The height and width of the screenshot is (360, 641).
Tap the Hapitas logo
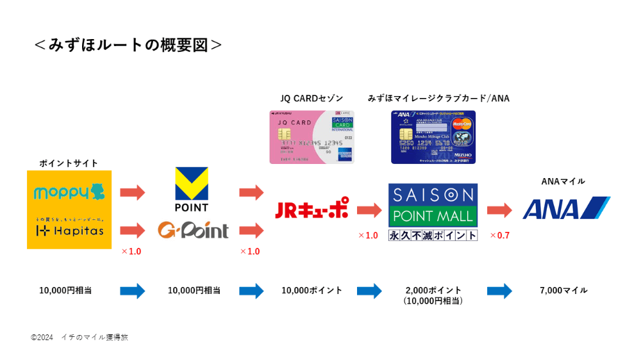(69, 229)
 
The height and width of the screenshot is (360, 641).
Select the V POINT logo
(192, 189)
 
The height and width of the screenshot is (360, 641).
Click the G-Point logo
(193, 229)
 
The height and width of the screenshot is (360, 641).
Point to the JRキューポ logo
(312, 208)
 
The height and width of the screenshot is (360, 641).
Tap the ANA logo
(566, 209)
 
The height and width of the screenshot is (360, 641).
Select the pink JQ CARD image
(312, 136)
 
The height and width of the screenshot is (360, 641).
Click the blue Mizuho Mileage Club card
(433, 136)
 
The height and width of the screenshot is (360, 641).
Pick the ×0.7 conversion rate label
(499, 235)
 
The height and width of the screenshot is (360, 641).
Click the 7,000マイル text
(563, 290)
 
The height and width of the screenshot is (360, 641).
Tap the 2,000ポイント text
(433, 290)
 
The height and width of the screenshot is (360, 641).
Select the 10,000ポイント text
(312, 290)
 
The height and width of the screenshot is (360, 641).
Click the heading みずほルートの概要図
(128, 45)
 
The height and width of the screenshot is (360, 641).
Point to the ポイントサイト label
(69, 163)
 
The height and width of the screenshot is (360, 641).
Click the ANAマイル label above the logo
(563, 181)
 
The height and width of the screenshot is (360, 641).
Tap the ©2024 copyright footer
(79, 337)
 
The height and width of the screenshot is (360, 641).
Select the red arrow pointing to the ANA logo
(499, 209)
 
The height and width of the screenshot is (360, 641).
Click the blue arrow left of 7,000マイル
(499, 291)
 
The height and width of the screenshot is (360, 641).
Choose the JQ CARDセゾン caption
(312, 98)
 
